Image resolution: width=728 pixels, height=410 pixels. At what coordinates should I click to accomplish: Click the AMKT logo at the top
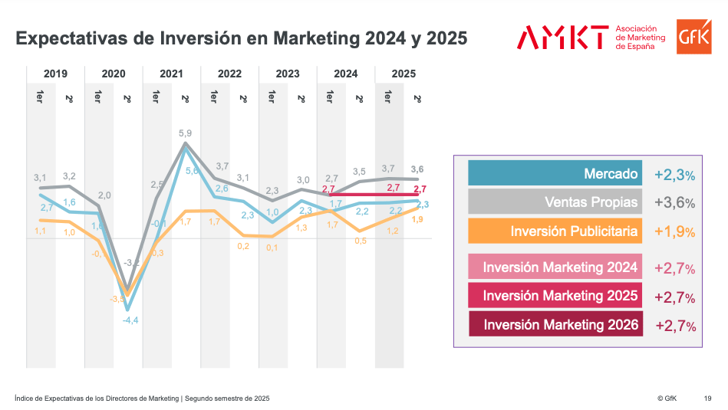click(562, 37)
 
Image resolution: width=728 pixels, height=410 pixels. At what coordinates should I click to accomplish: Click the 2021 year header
click(171, 74)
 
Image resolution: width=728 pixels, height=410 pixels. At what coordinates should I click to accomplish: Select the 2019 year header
click(55, 74)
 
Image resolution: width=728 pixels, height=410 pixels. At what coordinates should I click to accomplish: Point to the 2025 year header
click(404, 74)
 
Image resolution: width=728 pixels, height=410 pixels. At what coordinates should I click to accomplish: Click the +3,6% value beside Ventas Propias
click(674, 203)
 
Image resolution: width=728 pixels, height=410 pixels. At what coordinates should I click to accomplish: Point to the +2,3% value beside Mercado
click(674, 175)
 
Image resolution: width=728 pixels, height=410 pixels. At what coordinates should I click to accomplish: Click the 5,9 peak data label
click(185, 133)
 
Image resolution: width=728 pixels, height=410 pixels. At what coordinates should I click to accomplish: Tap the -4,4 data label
click(130, 320)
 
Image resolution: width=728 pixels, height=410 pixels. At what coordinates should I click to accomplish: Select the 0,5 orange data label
click(361, 241)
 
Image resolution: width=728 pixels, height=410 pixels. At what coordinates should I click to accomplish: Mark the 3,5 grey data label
click(359, 172)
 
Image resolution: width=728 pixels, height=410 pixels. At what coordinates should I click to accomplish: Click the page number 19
click(707, 399)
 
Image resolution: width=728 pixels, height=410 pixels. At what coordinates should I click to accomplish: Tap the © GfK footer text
click(666, 399)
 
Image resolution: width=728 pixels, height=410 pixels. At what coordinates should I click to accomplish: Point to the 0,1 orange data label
click(272, 248)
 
